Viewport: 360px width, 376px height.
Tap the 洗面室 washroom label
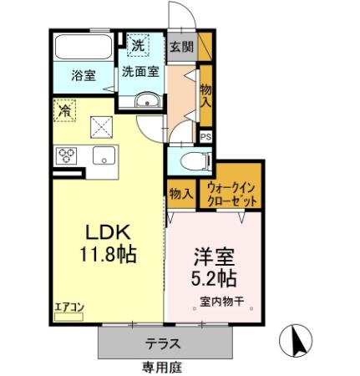tap(139, 72)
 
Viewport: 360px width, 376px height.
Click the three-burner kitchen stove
tap(66, 155)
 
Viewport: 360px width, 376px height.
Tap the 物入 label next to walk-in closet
tap(180, 194)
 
